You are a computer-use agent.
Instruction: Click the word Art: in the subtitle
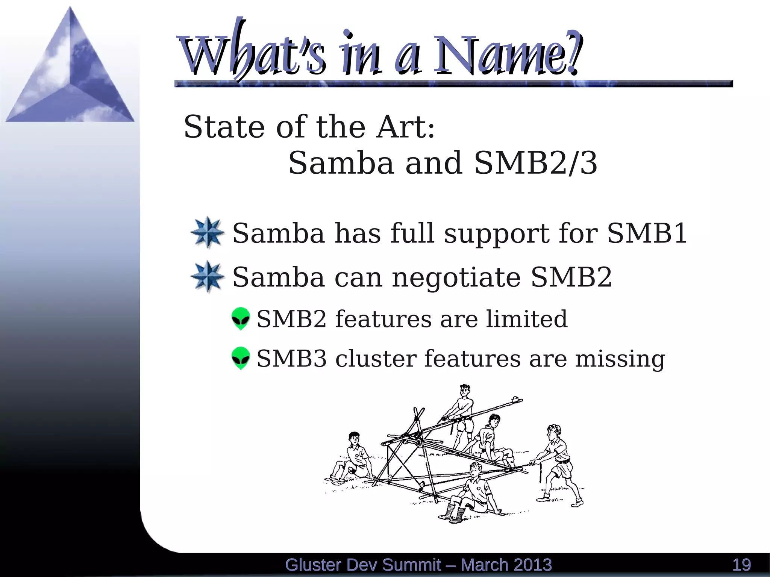coord(405,127)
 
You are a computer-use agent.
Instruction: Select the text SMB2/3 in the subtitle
coord(535,163)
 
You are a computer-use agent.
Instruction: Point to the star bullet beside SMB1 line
coord(208,233)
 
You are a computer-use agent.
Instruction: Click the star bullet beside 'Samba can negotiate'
coord(208,277)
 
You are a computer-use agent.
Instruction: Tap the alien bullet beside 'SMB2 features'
coord(241,318)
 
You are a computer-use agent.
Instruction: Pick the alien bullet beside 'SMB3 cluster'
coord(241,358)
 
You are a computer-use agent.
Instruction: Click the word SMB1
coord(647,233)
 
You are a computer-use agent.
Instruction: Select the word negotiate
coord(456,277)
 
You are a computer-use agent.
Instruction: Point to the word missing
coord(620,359)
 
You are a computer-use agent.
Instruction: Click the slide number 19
coord(741,565)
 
